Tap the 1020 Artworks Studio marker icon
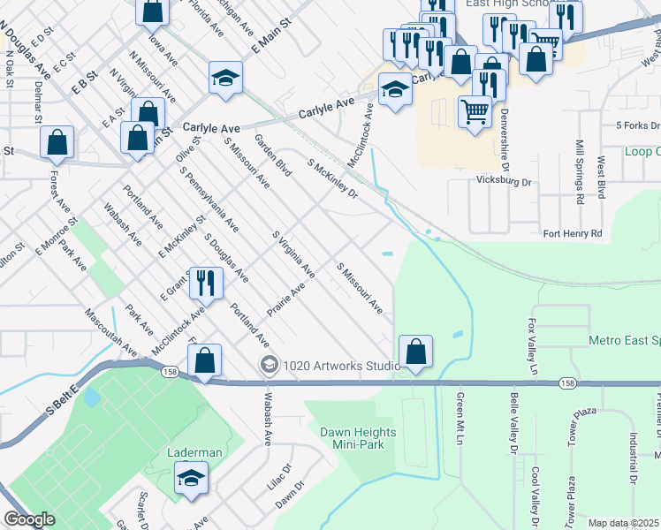pos(269,365)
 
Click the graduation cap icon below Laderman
pos(190,480)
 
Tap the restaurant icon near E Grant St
pos(206,283)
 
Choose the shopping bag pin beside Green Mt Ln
pos(415,352)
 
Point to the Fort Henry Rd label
pos(572,233)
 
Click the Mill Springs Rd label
pos(580,171)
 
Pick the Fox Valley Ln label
pos(533,347)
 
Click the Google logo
pos(29,519)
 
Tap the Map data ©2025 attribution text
pos(623,523)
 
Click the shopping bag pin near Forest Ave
pos(57,142)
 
